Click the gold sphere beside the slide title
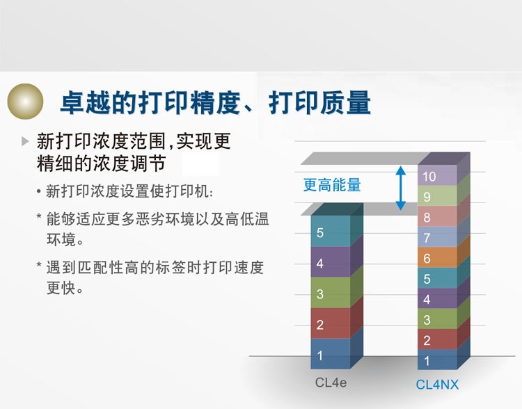(x=25, y=101)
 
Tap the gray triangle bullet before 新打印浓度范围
(x=25, y=141)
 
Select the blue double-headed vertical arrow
(x=401, y=188)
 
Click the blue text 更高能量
(x=332, y=185)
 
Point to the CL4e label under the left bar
(x=331, y=383)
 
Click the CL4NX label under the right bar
(x=437, y=385)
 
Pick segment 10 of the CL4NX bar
(x=438, y=175)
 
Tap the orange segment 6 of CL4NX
(x=438, y=257)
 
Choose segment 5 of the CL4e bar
(x=330, y=231)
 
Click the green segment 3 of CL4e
(x=330, y=293)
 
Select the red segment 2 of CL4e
(x=330, y=323)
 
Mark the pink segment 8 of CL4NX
(x=438, y=216)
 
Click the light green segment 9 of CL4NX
(x=438, y=195)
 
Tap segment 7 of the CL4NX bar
(x=438, y=236)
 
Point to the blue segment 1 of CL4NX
(x=438, y=360)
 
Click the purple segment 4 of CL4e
(x=330, y=262)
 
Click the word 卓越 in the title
(x=85, y=102)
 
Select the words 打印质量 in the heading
(x=319, y=102)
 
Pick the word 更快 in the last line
(x=61, y=287)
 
